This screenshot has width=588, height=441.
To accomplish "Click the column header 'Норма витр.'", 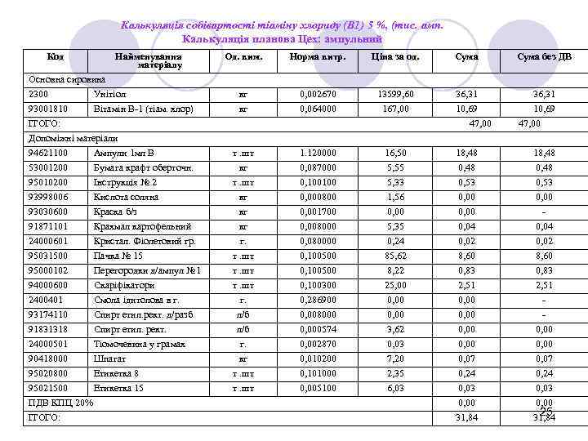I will coord(317,57).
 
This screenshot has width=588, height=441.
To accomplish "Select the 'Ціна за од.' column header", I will coord(395,57).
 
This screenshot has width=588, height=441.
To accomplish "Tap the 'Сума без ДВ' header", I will coord(544,57).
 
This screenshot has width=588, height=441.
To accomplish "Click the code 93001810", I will coord(48,109).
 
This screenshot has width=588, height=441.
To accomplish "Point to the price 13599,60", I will coord(395,95).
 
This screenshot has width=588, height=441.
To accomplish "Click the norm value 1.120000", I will coord(317,153).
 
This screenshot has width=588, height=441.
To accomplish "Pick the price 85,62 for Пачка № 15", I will coord(395,256).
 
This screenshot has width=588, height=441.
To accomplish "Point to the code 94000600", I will coord(48,285).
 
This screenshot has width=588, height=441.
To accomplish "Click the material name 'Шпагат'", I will coord(110,359).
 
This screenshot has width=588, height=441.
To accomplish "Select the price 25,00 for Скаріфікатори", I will coord(395,285).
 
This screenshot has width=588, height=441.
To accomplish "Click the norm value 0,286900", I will coord(317,300).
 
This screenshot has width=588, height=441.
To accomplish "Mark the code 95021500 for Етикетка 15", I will coord(48,388).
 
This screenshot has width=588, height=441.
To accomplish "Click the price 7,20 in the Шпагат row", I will coord(395,359).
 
